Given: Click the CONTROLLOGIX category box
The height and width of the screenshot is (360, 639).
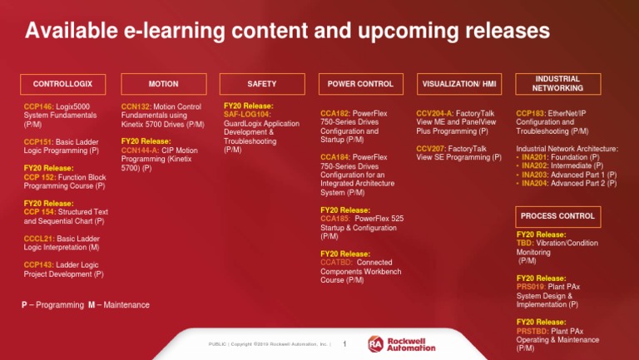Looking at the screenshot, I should pyautogui.click(x=57, y=84).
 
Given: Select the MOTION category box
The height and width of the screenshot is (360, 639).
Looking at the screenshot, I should pyautogui.click(x=163, y=84).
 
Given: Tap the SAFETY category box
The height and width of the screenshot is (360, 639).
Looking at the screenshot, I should pyautogui.click(x=261, y=84).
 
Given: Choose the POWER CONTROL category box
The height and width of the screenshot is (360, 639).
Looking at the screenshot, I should pyautogui.click(x=360, y=84).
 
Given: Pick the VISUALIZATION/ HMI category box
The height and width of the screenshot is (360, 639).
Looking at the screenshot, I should pyautogui.click(x=458, y=84).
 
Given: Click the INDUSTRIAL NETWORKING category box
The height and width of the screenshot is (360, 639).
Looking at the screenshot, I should pyautogui.click(x=557, y=84).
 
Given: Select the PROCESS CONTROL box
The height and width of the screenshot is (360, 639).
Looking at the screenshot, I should pyautogui.click(x=557, y=216).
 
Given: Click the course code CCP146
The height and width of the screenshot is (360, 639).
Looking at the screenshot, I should pyautogui.click(x=38, y=107).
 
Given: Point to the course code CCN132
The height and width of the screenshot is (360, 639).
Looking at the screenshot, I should pyautogui.click(x=136, y=107).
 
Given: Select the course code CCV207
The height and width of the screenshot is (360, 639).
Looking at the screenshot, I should pyautogui.click(x=430, y=148).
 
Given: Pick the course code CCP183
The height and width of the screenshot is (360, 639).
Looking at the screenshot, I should pyautogui.click(x=530, y=113).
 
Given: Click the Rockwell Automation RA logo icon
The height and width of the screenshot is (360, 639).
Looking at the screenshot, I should pyautogui.click(x=375, y=343).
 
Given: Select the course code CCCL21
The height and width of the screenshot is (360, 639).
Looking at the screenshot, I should pyautogui.click(x=39, y=239).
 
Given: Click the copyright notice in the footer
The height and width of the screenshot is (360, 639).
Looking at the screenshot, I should pyautogui.click(x=270, y=344).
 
